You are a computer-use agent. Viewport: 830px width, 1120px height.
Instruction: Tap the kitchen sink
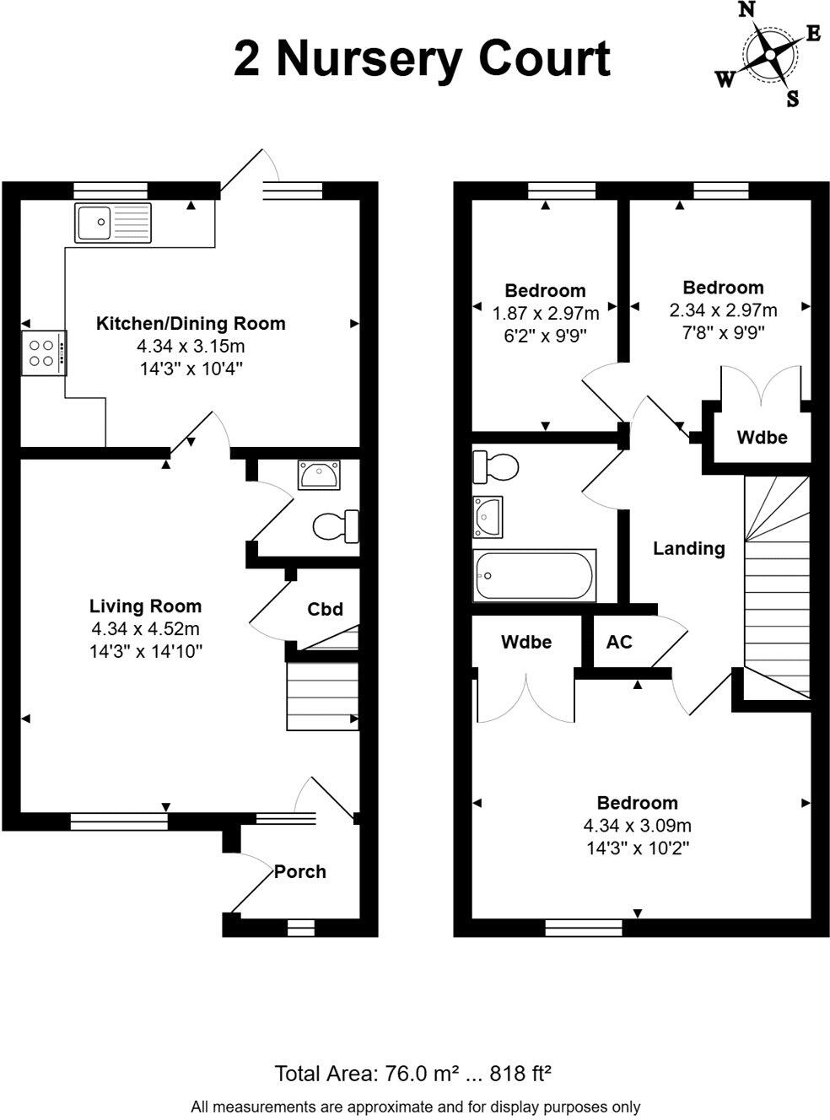112,223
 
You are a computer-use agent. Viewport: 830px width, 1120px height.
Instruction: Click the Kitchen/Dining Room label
191,324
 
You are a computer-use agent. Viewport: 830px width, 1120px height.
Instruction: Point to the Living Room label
145,606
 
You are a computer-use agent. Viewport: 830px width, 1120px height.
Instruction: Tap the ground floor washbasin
319,475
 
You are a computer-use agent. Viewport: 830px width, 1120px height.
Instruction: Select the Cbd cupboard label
325,609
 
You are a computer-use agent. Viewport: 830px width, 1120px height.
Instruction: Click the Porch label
299,872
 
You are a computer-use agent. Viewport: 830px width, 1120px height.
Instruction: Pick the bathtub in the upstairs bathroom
535,576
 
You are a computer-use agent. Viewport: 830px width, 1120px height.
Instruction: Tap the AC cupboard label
619,643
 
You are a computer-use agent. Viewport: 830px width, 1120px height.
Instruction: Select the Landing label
688,549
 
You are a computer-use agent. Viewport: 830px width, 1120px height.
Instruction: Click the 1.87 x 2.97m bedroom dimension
546,314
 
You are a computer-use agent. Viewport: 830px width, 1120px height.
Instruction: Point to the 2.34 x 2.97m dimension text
723,310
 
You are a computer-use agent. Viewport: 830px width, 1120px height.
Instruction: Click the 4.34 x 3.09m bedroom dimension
637,826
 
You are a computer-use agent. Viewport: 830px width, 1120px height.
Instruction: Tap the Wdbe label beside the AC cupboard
526,643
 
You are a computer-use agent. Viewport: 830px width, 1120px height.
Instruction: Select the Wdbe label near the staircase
762,438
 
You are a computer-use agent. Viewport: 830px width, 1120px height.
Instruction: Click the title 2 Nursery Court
422,59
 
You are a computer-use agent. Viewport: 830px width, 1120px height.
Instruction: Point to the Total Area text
413,1074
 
